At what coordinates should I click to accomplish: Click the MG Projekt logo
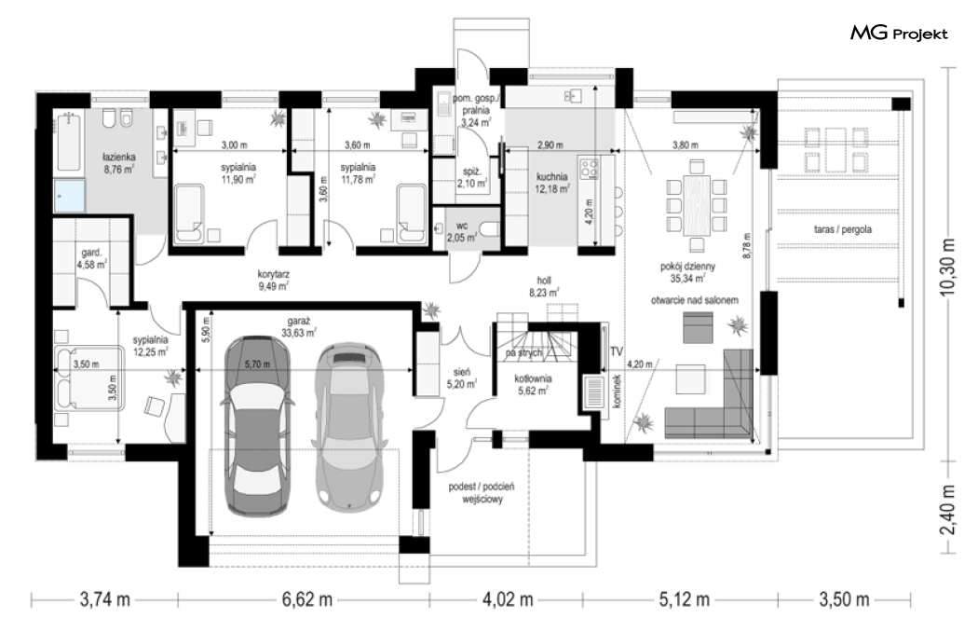coord(899,34)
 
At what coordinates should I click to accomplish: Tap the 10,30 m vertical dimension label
coord(948,266)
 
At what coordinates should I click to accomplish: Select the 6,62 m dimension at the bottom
coord(306,600)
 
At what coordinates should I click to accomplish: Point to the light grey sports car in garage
coord(346,425)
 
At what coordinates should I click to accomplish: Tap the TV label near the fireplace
coord(617,352)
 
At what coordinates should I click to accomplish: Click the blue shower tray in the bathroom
coord(69,196)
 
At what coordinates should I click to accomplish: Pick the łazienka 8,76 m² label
coord(119,163)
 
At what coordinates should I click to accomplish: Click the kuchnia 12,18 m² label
coord(551,183)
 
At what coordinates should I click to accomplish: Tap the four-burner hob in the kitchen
coord(589,168)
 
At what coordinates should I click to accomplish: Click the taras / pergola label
coord(843,229)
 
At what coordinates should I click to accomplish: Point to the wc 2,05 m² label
coord(462,231)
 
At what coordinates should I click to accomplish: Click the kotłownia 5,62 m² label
coord(533,385)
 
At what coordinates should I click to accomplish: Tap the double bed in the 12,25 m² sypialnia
coord(88,378)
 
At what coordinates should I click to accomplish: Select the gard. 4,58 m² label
coord(91,258)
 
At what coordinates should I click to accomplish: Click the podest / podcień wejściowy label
coord(482,493)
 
